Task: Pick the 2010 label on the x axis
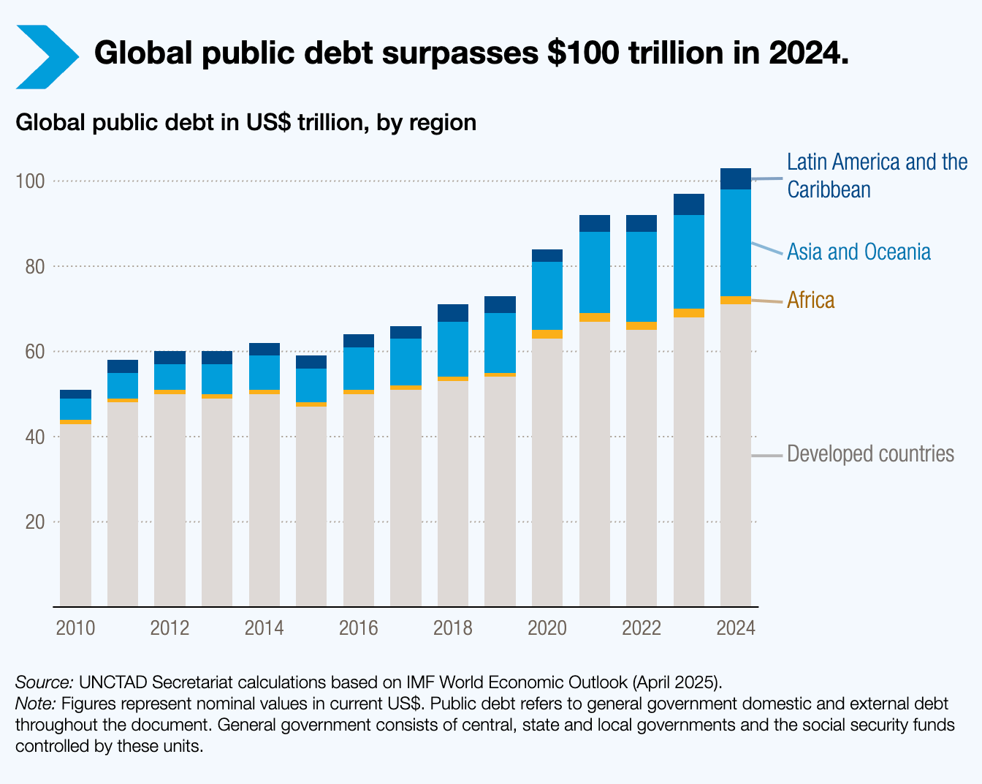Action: (x=75, y=628)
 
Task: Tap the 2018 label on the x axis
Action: (x=453, y=628)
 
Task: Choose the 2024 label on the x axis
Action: (x=736, y=628)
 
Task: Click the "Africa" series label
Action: (x=810, y=301)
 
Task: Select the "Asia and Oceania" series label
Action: (x=859, y=252)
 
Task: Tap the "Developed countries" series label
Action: (x=870, y=454)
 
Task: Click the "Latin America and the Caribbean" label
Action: (x=877, y=176)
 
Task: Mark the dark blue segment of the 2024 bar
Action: (x=736, y=179)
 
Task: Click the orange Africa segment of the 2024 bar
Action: (x=736, y=300)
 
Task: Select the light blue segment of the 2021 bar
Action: (x=595, y=272)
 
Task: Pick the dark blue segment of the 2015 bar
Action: (x=311, y=362)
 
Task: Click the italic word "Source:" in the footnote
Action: (x=44, y=682)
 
